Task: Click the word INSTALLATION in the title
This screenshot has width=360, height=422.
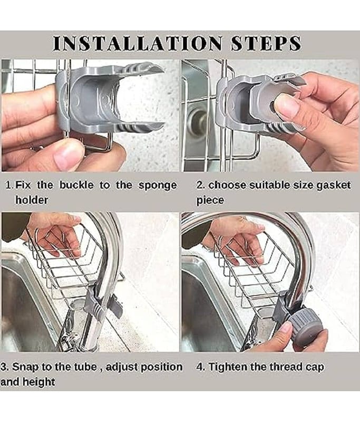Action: [x=138, y=43]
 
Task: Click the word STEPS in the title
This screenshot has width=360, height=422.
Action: [x=266, y=43]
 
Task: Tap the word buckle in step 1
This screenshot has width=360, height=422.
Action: [x=76, y=185]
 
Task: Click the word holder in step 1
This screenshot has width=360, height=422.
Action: [x=32, y=200]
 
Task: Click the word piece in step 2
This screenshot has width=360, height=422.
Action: [x=210, y=201]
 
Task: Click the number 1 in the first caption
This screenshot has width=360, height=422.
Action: [x=8, y=185]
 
